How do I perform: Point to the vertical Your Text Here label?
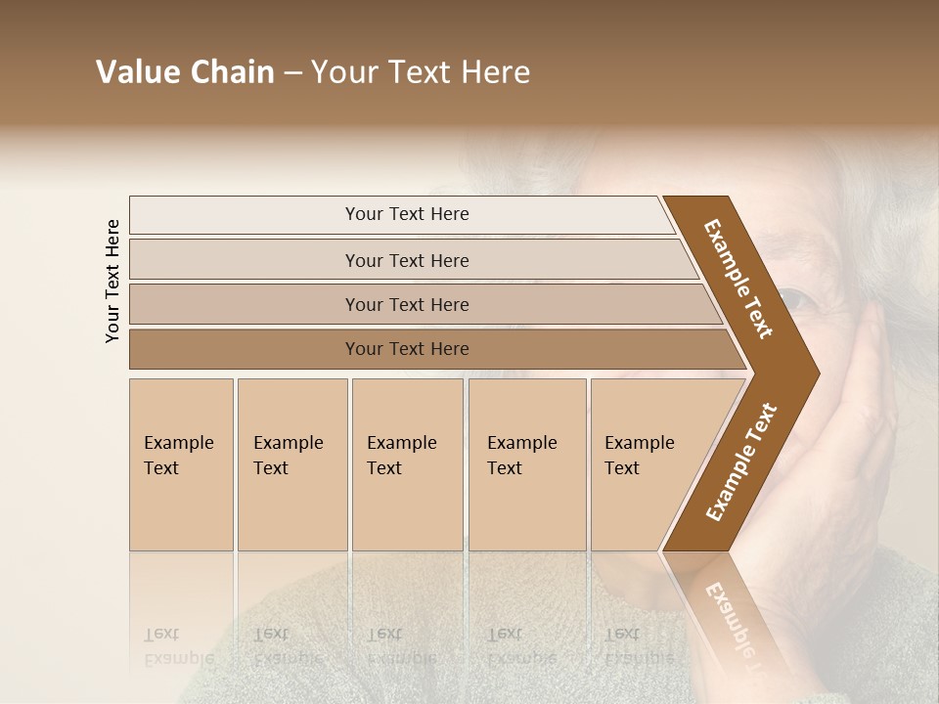pyautogui.click(x=112, y=281)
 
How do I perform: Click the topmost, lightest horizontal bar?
pyautogui.click(x=407, y=214)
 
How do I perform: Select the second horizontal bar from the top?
pyautogui.click(x=407, y=260)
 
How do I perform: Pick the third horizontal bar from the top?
pyautogui.click(x=407, y=304)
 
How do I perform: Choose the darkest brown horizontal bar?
pyautogui.click(x=407, y=349)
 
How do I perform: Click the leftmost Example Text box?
pyautogui.click(x=181, y=464)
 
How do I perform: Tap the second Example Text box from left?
pyautogui.click(x=291, y=464)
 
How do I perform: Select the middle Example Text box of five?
pyautogui.click(x=406, y=464)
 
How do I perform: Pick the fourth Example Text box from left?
pyautogui.click(x=526, y=464)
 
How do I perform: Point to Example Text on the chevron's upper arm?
pyautogui.click(x=738, y=278)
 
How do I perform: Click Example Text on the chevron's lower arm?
pyautogui.click(x=740, y=462)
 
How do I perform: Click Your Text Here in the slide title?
pyautogui.click(x=421, y=72)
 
